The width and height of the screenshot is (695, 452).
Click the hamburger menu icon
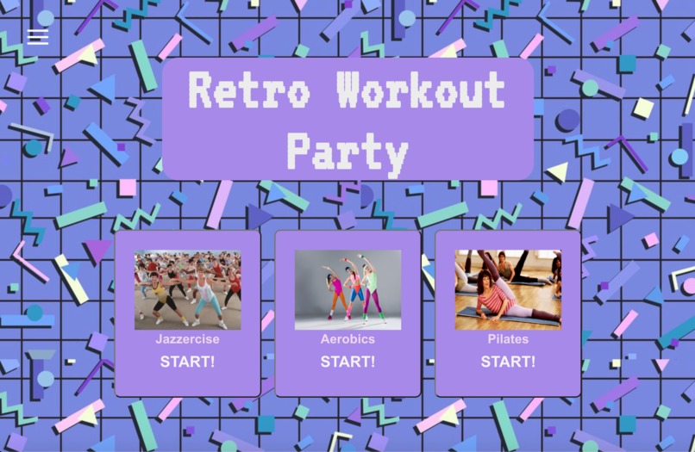37,36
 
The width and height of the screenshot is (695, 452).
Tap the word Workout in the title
421,90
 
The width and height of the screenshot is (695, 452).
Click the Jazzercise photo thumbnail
187,290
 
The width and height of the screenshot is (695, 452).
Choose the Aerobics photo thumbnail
347,290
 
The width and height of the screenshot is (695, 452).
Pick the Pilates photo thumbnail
508,290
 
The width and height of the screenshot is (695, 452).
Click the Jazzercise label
187,339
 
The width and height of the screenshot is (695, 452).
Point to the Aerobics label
347,339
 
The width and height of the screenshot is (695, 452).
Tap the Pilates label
508,339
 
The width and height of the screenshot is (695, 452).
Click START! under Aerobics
347,362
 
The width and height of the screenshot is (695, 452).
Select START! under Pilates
508,362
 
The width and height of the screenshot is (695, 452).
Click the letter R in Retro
201,90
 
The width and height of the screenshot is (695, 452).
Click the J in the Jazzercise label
160,339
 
